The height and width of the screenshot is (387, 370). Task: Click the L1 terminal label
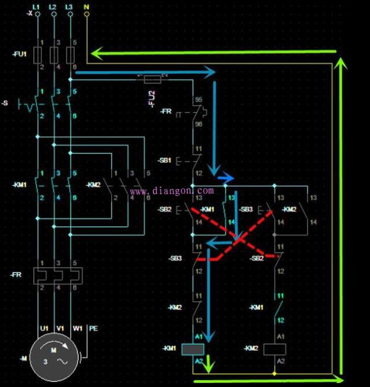tap(37, 5)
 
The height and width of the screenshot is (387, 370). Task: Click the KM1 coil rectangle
tap(193, 349)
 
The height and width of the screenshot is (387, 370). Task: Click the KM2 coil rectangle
tap(274, 349)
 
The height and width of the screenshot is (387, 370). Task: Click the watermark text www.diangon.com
tap(172, 191)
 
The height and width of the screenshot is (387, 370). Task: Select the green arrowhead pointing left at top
tap(97, 54)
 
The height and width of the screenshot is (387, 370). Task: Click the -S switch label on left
tap(5, 104)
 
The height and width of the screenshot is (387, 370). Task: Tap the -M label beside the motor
tap(23, 358)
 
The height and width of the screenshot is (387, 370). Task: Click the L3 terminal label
tap(69, 5)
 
